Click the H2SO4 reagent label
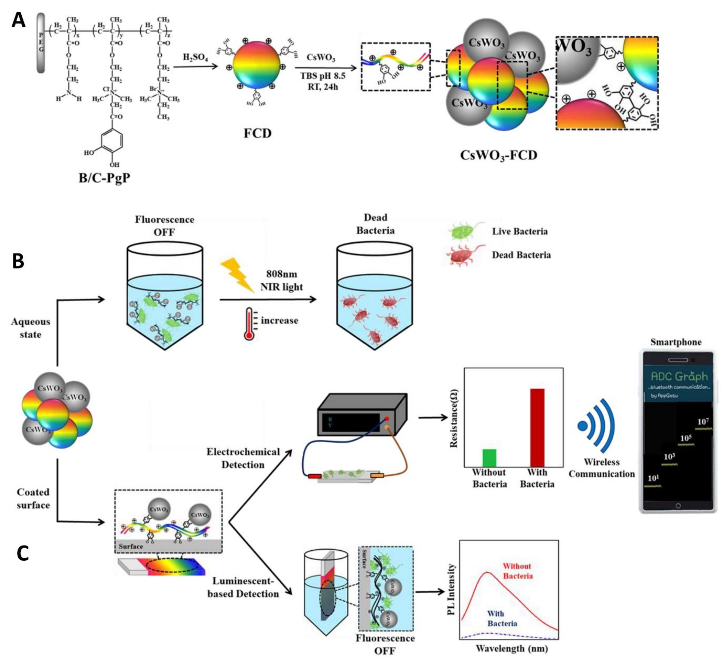click(195, 57)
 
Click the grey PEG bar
click(41, 43)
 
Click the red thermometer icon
click(249, 324)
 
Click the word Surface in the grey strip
click(131, 546)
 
